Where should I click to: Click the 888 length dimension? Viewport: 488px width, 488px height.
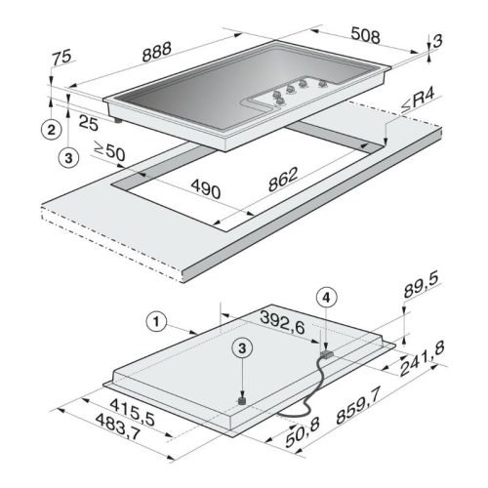(x=157, y=52)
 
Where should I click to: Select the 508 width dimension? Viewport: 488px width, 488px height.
(x=366, y=35)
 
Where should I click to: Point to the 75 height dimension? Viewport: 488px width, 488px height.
(x=61, y=58)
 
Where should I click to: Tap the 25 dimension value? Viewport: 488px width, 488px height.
(x=89, y=123)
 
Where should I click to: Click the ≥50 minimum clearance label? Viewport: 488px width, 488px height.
(x=109, y=151)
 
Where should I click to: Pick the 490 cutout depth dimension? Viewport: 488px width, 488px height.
(x=206, y=189)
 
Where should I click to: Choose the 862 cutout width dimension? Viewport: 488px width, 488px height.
(x=283, y=180)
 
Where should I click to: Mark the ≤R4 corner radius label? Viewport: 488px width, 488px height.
(x=418, y=101)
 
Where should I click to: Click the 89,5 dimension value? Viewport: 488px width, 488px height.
(x=422, y=286)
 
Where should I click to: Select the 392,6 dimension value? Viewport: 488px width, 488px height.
(x=282, y=322)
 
